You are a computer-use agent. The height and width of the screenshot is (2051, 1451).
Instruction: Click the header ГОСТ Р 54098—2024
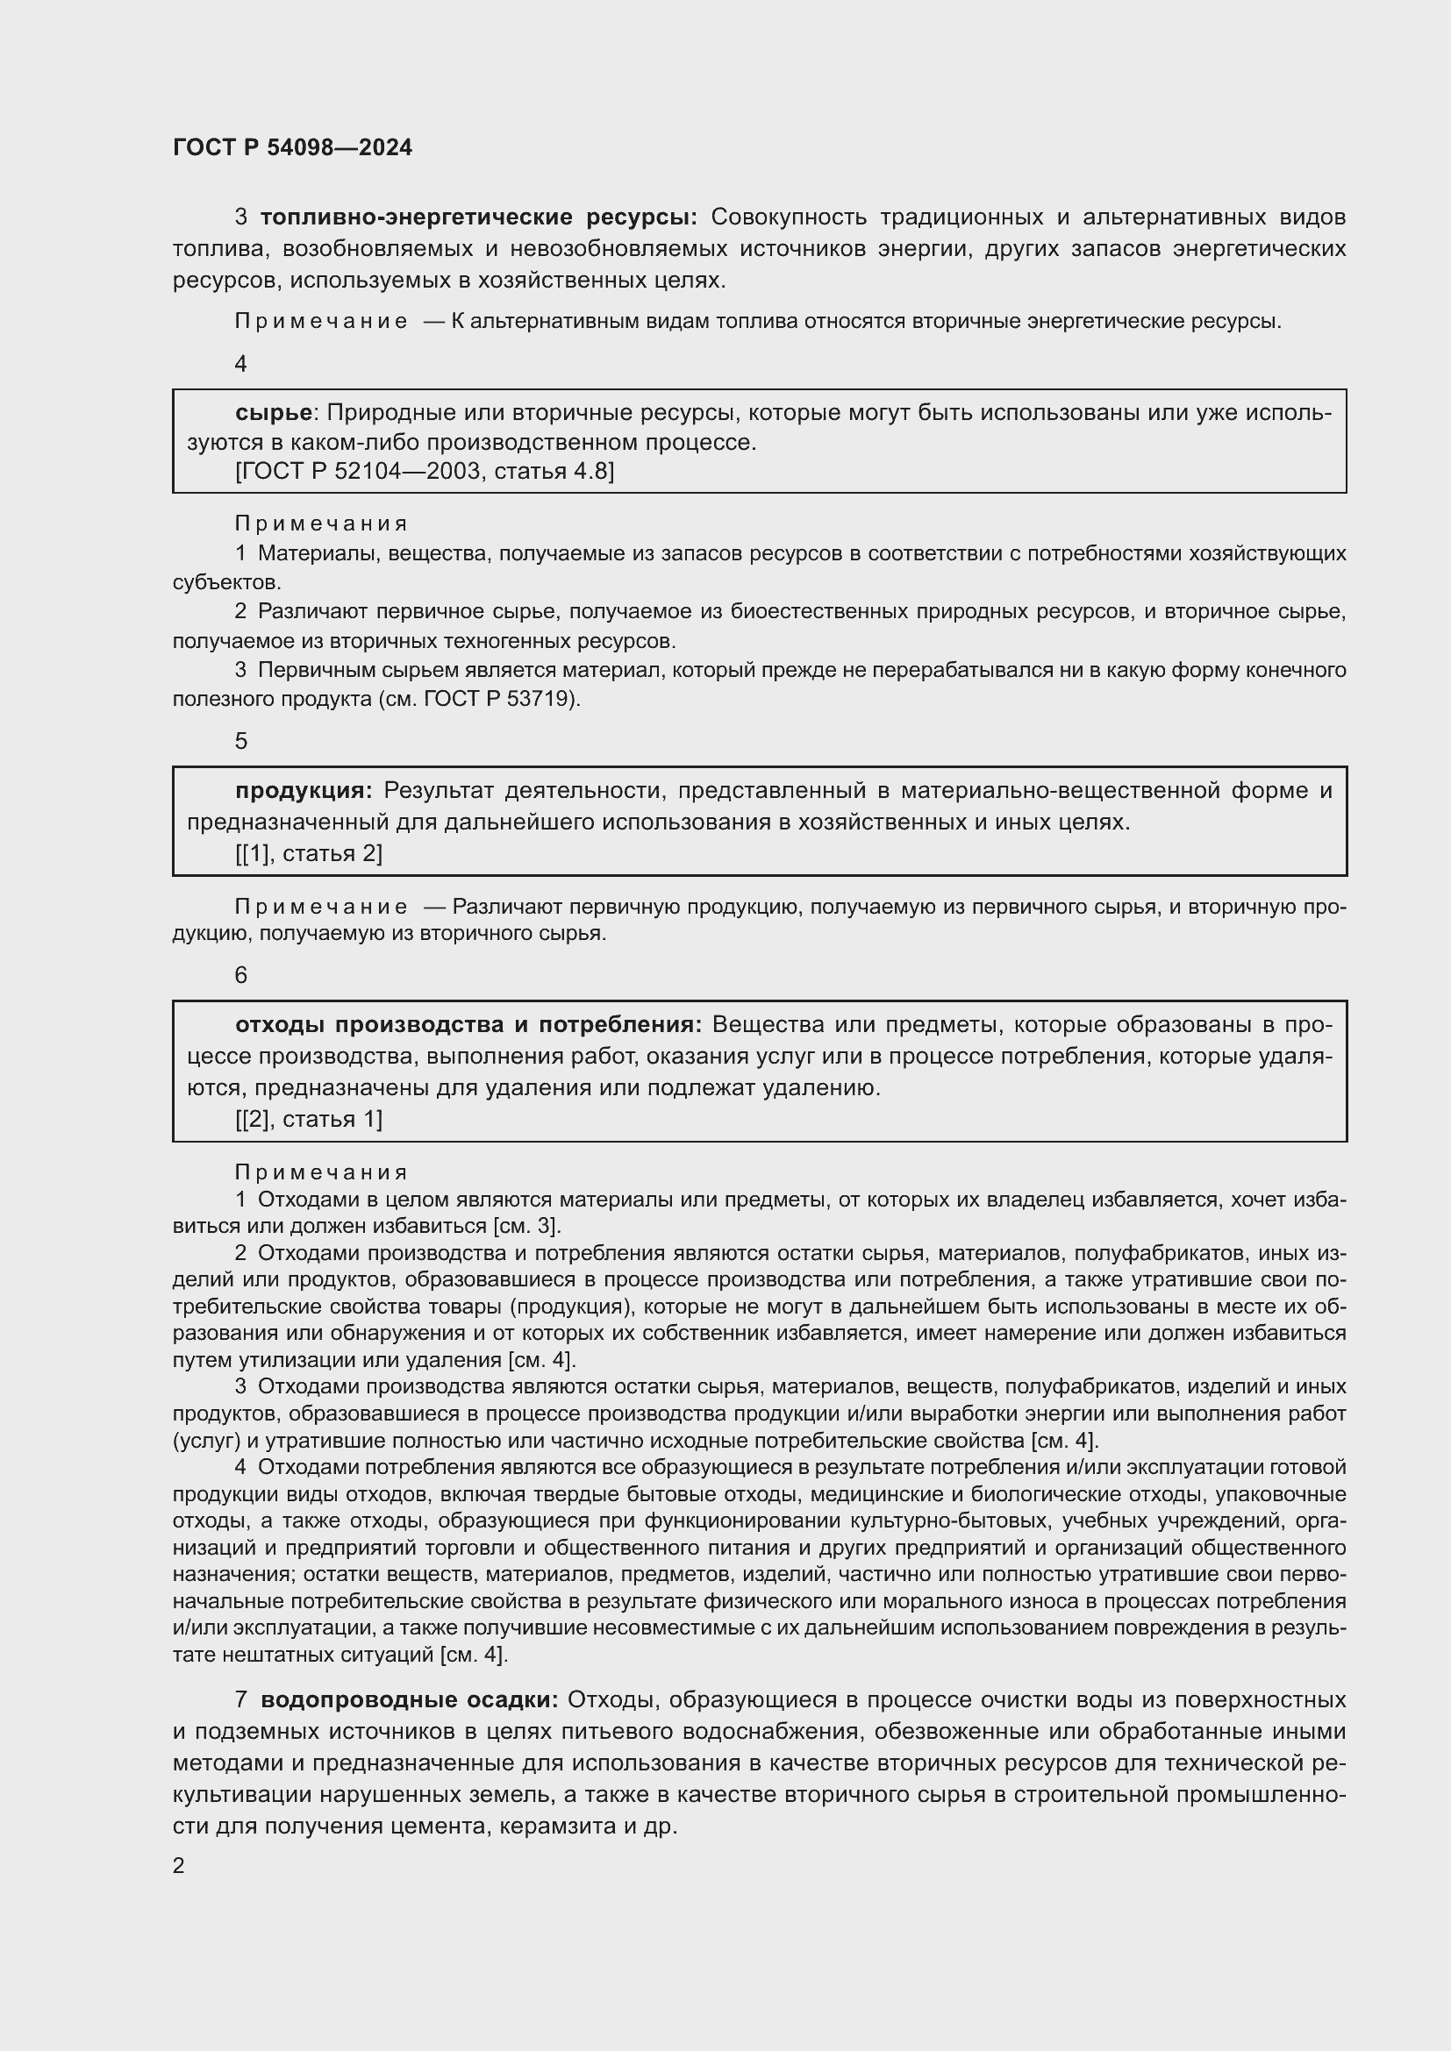click(x=292, y=148)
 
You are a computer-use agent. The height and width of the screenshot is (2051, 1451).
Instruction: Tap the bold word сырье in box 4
click(x=274, y=413)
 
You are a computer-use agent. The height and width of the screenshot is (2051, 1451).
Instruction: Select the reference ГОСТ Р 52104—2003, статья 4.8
click(x=425, y=472)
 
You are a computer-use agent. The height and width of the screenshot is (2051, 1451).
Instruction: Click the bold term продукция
click(x=303, y=791)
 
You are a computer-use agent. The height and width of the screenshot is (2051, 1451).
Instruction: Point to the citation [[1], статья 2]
click(x=309, y=854)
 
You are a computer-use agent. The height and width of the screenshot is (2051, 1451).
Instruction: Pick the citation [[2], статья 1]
click(x=309, y=1119)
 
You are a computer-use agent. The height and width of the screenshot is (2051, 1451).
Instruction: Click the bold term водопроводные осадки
click(x=409, y=1700)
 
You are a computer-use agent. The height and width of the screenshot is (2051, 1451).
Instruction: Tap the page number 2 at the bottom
click(x=179, y=1866)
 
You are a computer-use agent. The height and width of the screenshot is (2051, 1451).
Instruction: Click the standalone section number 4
click(x=240, y=365)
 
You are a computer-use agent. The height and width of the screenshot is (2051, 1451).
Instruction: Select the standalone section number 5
click(x=240, y=742)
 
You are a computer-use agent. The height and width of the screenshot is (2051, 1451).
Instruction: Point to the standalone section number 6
click(x=240, y=975)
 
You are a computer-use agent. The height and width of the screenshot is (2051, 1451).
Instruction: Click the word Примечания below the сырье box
click(x=322, y=524)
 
